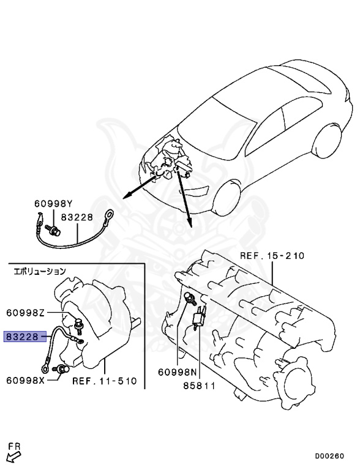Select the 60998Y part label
(53, 204)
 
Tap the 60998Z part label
(26, 313)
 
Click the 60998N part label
(177, 371)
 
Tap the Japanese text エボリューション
(40, 270)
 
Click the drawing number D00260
(329, 456)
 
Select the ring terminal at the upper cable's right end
(110, 214)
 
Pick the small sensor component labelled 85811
(199, 320)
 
